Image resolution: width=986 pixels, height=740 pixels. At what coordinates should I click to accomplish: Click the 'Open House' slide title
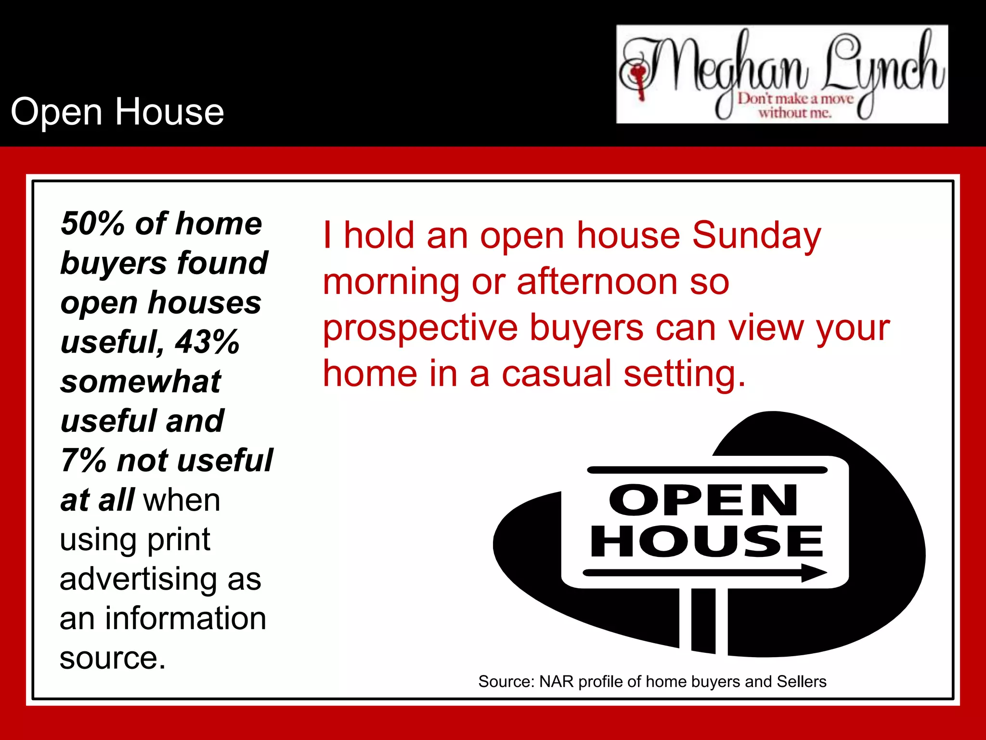[117, 112]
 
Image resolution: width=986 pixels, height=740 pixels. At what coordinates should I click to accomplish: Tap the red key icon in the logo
[639, 79]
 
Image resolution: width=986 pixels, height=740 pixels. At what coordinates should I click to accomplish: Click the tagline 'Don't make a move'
[795, 99]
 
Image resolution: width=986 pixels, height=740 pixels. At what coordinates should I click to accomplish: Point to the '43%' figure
[207, 342]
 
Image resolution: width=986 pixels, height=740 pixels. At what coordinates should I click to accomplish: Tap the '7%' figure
[83, 461]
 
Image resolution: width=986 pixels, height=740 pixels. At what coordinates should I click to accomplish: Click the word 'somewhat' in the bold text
[141, 382]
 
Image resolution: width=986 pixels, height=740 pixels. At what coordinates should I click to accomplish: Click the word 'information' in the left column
[185, 619]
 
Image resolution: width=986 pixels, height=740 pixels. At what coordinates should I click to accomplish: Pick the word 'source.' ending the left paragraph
[113, 658]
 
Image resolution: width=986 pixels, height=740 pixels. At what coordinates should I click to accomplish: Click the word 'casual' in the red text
[556, 374]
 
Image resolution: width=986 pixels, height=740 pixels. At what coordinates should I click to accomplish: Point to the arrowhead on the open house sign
[814, 573]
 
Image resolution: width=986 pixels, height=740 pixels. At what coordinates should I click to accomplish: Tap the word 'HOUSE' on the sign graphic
[707, 542]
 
